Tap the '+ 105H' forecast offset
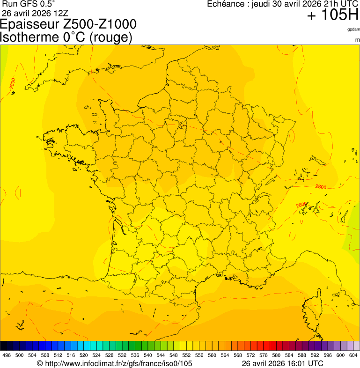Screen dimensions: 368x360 (x=332, y=15)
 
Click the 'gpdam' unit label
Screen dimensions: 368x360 (x=353, y=29)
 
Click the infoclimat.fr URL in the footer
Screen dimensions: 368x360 (x=118, y=363)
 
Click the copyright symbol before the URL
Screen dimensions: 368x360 (x=40, y=363)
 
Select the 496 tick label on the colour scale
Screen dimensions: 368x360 (x=7, y=355)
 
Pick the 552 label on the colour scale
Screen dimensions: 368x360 (x=186, y=355)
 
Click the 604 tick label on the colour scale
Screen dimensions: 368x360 (x=353, y=355)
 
